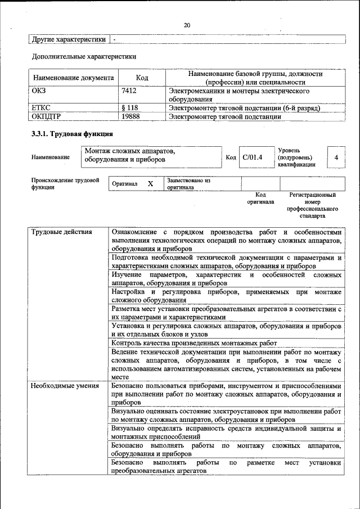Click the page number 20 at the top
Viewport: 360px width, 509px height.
pos(187,25)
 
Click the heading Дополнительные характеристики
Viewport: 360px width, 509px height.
pos(84,57)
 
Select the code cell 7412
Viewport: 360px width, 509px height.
pos(129,91)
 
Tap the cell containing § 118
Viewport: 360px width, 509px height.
pos(130,108)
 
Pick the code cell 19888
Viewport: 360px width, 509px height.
pos(130,116)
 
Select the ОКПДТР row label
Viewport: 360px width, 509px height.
pos(46,116)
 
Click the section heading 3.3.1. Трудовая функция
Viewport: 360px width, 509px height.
pos(72,134)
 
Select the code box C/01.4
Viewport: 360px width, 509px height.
pos(253,157)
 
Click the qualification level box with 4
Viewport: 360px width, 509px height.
pos(336,157)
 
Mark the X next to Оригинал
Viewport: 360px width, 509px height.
pos(150,184)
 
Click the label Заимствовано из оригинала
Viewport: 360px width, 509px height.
pos(188,184)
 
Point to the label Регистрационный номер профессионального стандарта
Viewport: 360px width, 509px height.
pos(312,205)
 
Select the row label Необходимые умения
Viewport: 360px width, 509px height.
pos(65,386)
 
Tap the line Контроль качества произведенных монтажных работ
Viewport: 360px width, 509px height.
pos(194,343)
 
